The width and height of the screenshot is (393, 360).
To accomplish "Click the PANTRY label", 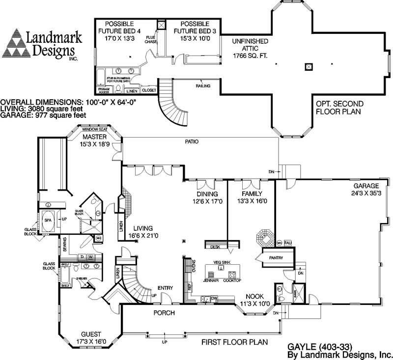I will pos(272,257).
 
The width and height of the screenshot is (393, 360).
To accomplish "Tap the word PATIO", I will pos(192,141).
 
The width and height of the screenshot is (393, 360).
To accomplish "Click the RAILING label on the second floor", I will pos(203,86).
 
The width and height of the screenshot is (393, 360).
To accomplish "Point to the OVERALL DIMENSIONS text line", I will pos(69,102).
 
